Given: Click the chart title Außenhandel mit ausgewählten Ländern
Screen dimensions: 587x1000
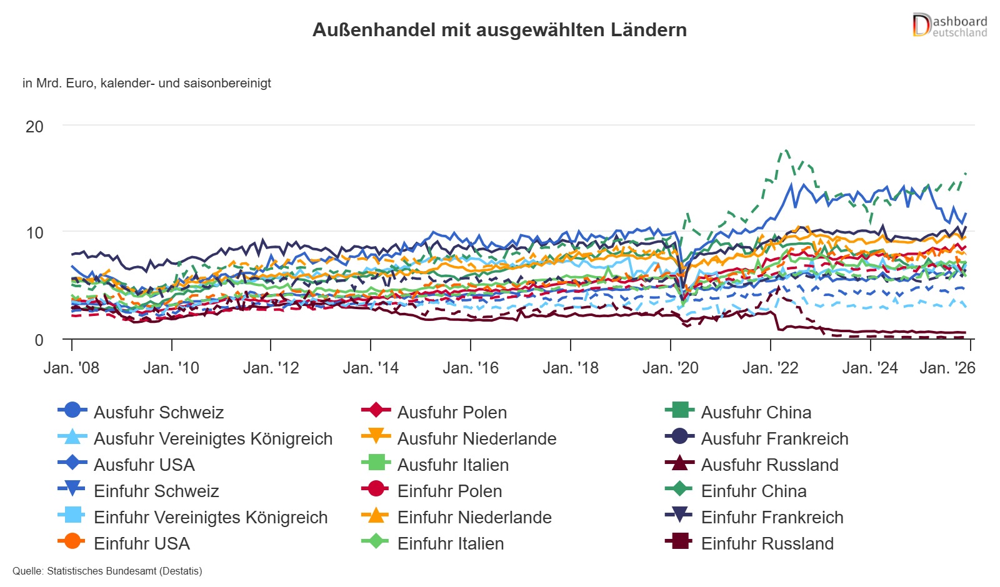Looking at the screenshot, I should [499, 30].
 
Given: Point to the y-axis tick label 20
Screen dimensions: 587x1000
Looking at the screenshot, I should [34, 127].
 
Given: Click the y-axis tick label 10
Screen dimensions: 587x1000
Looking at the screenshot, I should [34, 234].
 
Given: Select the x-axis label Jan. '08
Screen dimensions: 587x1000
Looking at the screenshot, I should [71, 368].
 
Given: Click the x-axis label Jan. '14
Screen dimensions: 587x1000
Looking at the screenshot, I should [371, 368].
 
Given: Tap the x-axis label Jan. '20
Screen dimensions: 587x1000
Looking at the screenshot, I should [670, 368].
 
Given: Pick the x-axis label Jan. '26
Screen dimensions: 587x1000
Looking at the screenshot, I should [947, 368].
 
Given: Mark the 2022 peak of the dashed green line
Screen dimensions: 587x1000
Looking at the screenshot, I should [786, 150].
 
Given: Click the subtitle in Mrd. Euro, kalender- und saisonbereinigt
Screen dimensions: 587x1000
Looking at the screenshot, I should [146, 83].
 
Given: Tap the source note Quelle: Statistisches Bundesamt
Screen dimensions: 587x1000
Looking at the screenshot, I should [107, 571].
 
